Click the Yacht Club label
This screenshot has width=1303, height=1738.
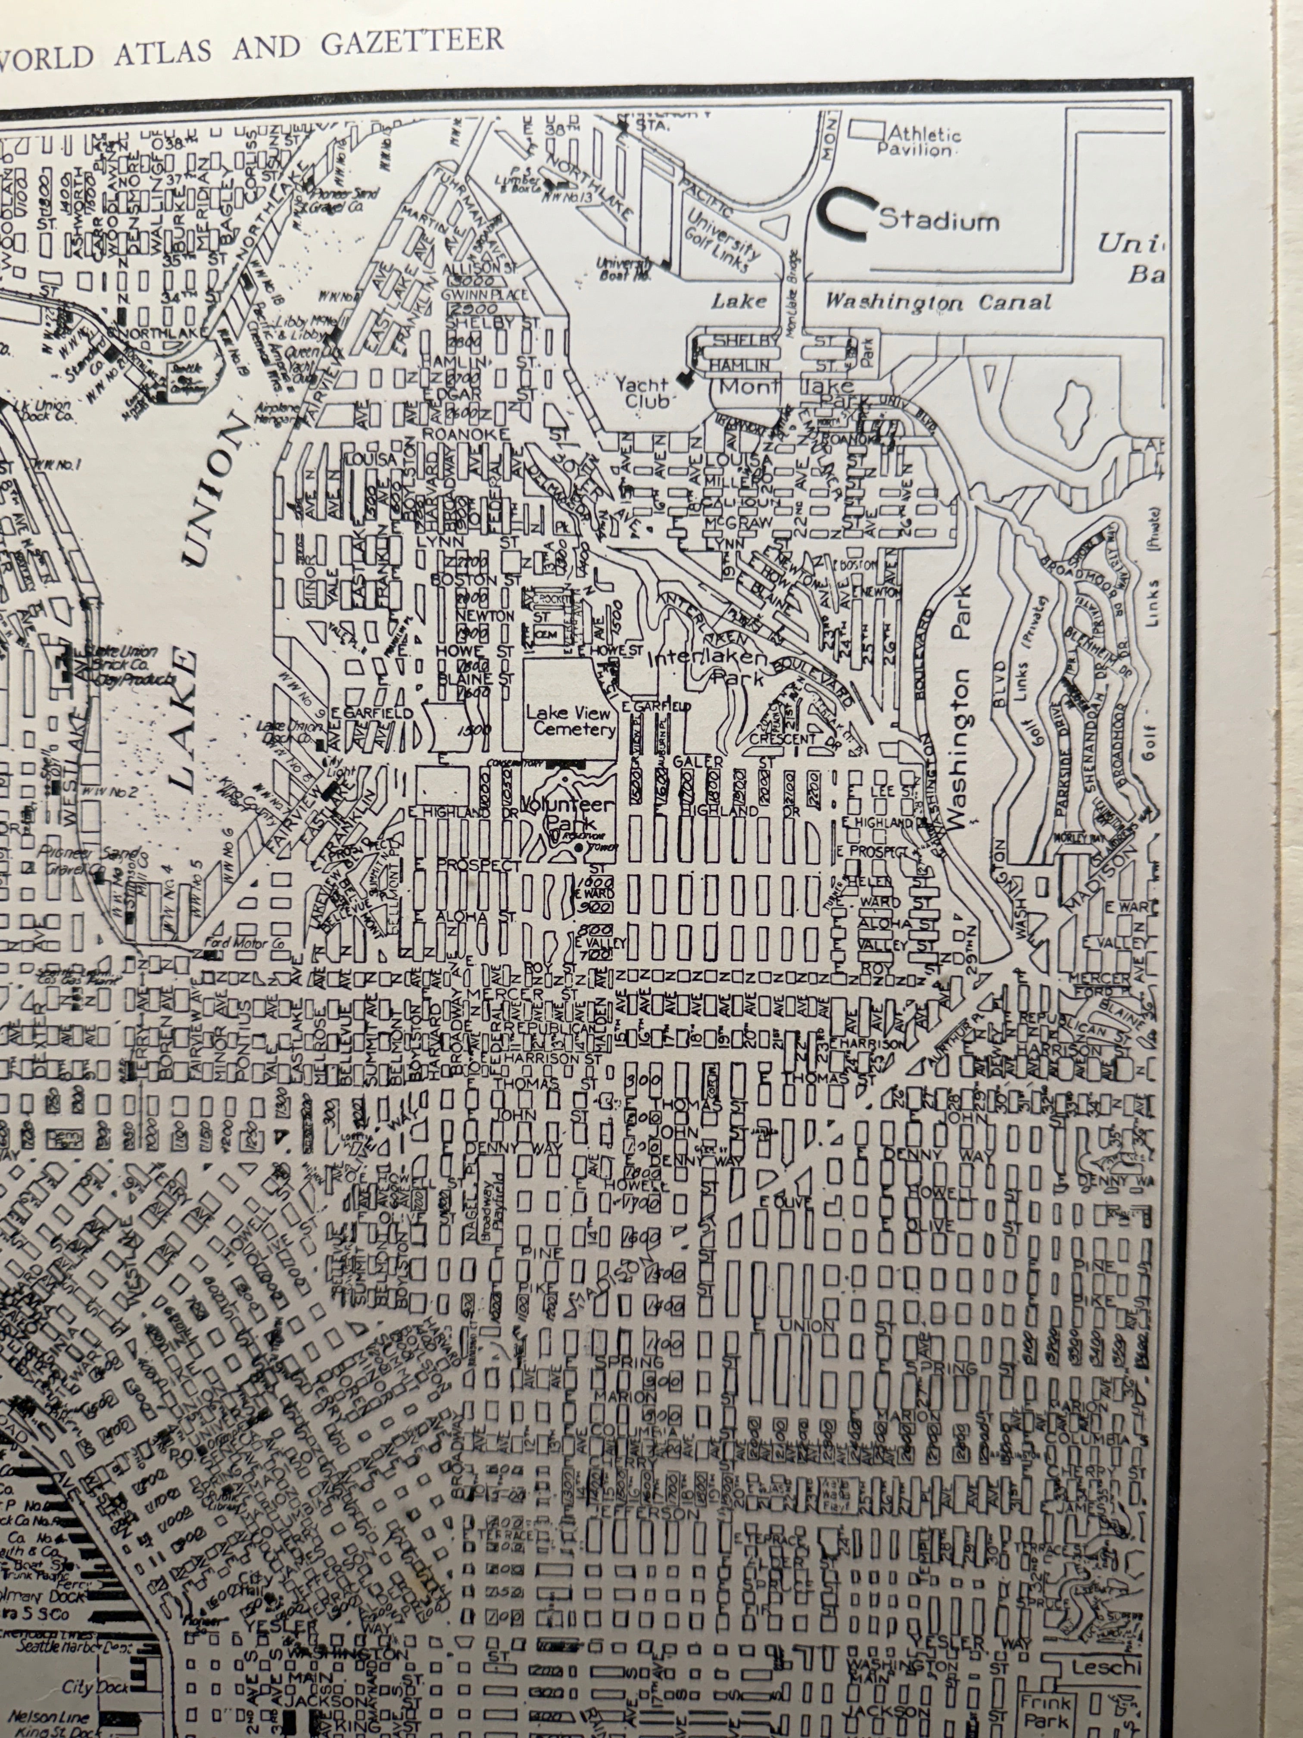tap(642, 392)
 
